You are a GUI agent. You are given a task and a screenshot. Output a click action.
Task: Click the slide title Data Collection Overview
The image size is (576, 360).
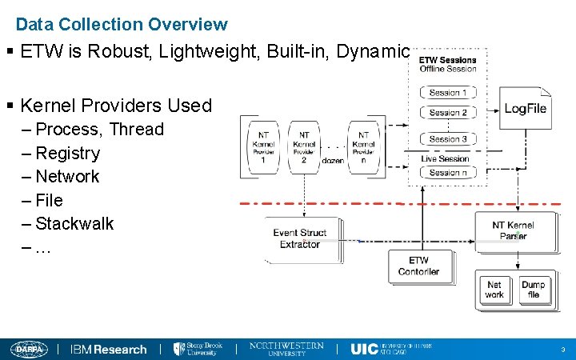[x=122, y=25]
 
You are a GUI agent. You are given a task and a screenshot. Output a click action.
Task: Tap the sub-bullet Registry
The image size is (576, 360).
[x=68, y=153]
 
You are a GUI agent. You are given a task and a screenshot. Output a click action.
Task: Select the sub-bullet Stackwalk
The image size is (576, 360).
[x=75, y=223]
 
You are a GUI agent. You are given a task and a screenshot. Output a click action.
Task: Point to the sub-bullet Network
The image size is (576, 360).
[x=68, y=176]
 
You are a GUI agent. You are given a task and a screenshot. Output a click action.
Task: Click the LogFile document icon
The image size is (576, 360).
[x=525, y=109]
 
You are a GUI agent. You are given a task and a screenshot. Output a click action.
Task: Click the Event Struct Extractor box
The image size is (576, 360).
[x=299, y=238]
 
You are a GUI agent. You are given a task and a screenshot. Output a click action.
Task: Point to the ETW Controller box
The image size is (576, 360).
[x=418, y=266]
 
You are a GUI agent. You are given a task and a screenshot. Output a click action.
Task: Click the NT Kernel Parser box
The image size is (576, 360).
[x=514, y=231]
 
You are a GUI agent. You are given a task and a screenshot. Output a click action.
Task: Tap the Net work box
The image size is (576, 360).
[x=494, y=290]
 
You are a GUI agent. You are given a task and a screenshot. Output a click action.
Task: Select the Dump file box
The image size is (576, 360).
[x=533, y=290]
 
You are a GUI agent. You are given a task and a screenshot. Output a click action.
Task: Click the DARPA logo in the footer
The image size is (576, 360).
[x=30, y=349]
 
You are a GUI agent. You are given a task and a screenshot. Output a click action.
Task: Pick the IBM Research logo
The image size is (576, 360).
[x=109, y=349]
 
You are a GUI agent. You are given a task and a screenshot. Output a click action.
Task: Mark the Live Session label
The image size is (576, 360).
[x=446, y=158]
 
